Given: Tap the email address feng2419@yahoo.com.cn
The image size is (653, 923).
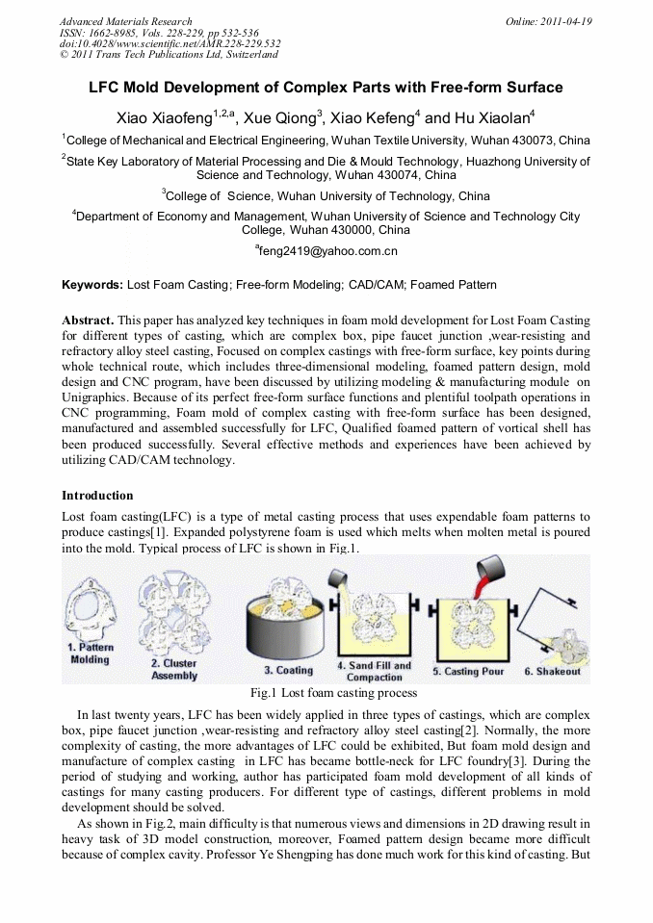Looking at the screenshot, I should pos(326,251).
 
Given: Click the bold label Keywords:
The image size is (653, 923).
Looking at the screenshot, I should pos(92,285).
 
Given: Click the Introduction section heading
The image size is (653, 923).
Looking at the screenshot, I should pos(97,496).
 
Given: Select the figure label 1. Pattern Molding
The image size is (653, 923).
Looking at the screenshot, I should pos(90,654).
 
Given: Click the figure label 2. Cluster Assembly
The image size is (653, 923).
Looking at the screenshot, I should pos(173,669).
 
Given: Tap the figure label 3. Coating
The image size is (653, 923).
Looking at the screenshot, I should pos(289,670).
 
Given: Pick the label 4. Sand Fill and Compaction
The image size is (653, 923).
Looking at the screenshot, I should pos(374,671).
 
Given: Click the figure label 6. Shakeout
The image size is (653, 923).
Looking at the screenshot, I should pos(552,671).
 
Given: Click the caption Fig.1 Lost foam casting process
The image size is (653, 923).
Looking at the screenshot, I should pos(333,692).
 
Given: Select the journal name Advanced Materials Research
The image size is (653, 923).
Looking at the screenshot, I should pos(125,20).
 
